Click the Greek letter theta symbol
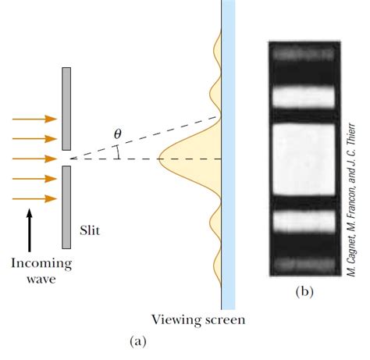click(118, 135)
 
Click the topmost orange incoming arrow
click(35, 119)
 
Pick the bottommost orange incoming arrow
click(35, 199)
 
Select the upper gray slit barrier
click(68, 109)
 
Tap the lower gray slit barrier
click(68, 207)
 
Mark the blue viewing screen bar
click(227, 156)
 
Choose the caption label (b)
click(304, 292)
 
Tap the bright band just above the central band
click(302, 97)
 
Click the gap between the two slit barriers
click(68, 159)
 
